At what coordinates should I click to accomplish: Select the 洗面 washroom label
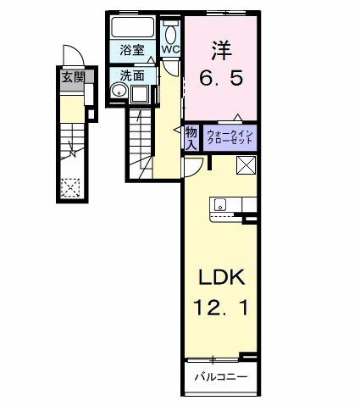131,75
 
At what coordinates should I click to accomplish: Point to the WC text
170,49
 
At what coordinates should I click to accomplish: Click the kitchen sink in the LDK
220,204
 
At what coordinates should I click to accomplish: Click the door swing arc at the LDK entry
192,166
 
